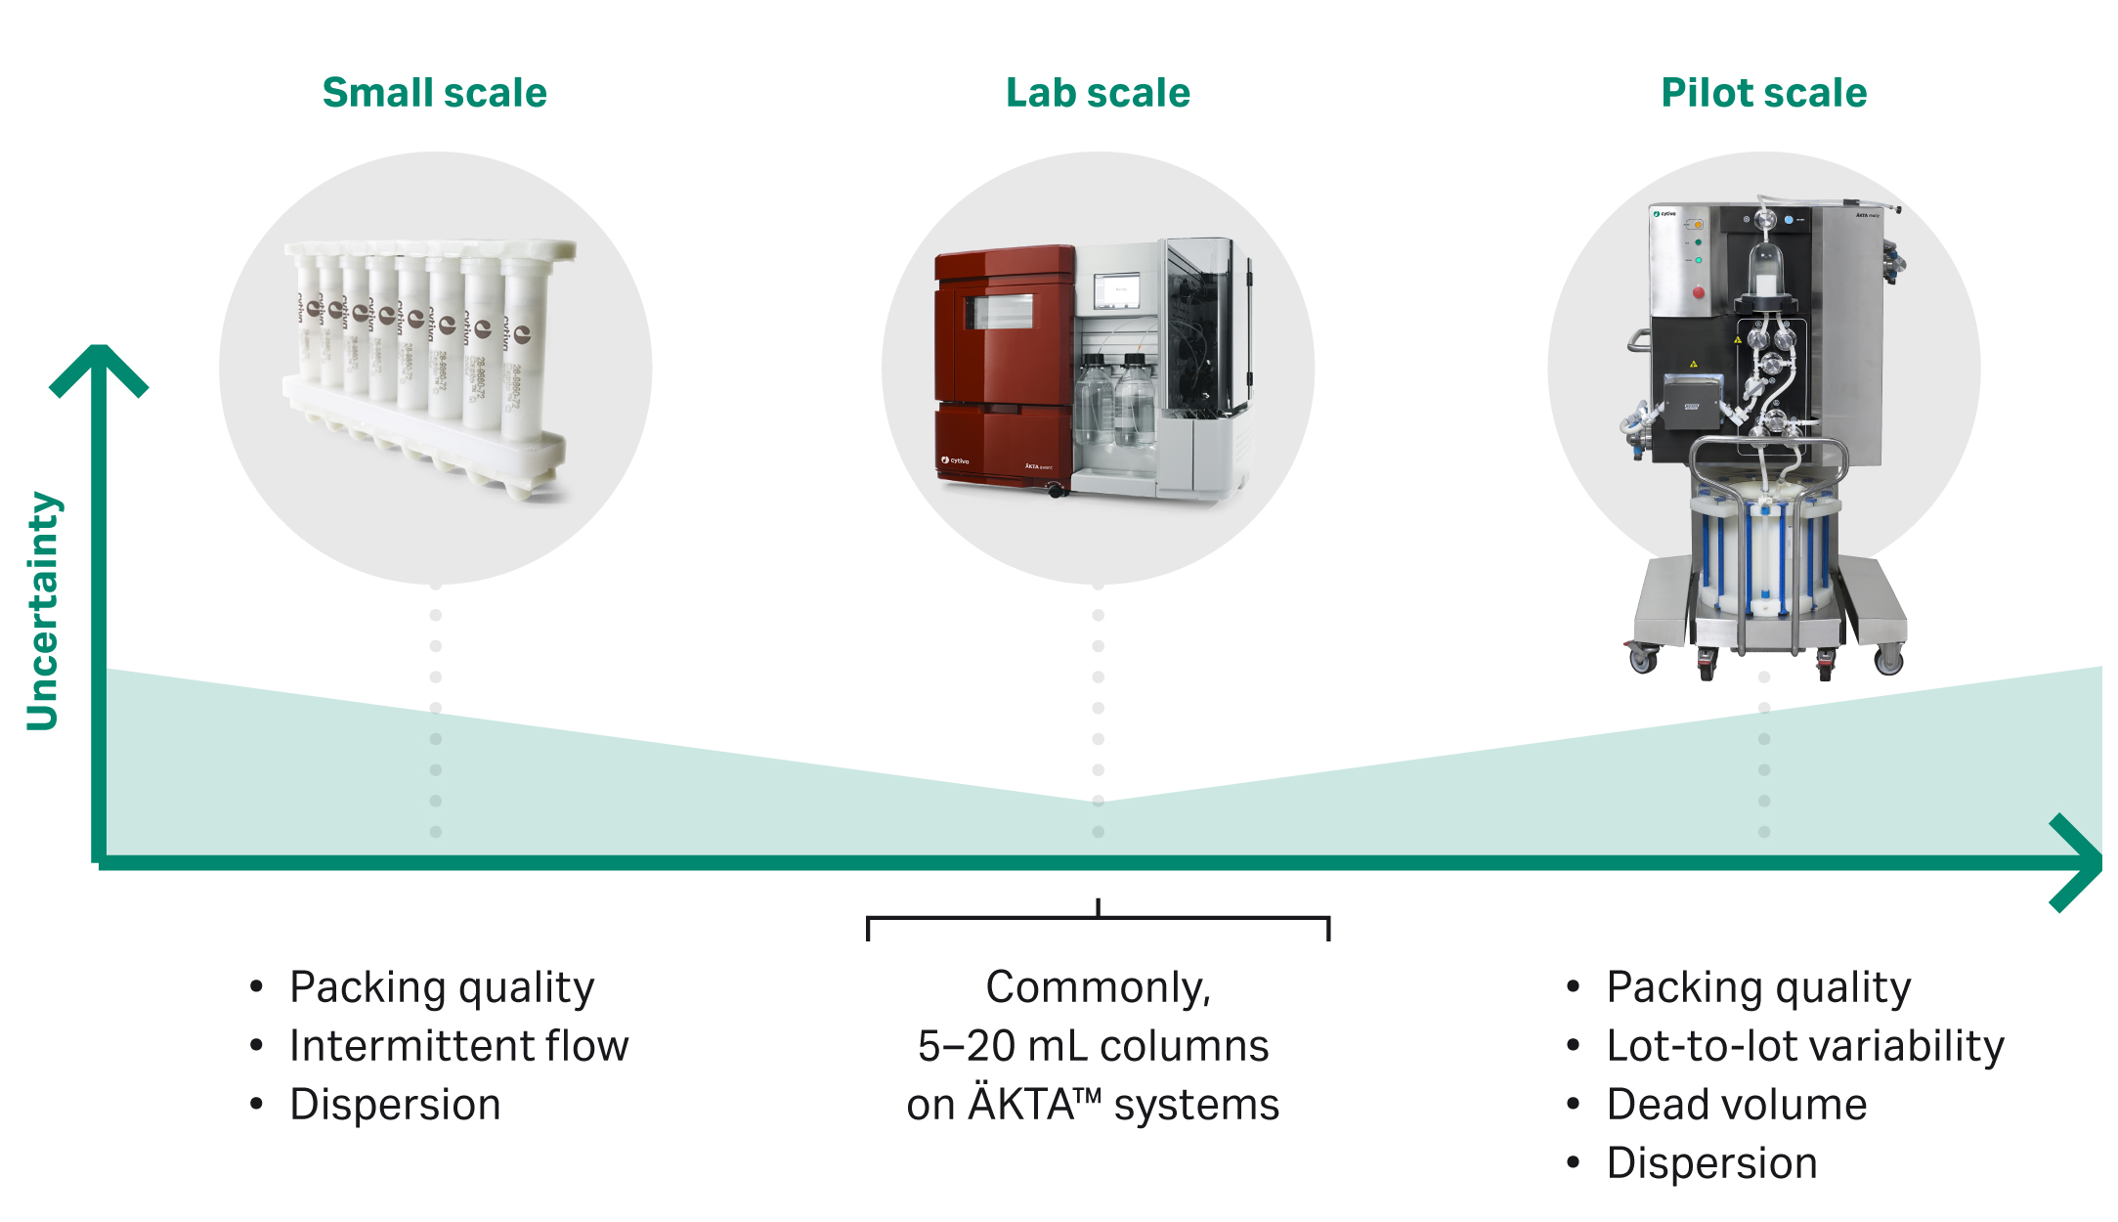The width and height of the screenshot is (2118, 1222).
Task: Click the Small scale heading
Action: tap(434, 93)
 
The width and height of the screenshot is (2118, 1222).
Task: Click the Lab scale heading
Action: tap(1098, 93)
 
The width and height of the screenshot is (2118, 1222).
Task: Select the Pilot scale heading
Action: tap(1763, 93)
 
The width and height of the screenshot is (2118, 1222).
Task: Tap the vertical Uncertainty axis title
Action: tap(43, 611)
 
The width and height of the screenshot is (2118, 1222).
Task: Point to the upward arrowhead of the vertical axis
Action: tap(99, 367)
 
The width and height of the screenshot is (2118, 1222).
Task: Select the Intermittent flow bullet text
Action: tap(458, 1046)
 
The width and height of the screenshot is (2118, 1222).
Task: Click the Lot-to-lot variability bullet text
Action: tap(1804, 1046)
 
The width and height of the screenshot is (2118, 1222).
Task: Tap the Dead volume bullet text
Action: tap(1736, 1105)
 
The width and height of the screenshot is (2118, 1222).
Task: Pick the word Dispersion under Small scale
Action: tap(395, 1105)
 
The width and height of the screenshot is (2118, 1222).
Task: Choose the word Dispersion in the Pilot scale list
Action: tap(1711, 1163)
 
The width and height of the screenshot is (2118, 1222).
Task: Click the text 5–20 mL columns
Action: tap(1093, 1046)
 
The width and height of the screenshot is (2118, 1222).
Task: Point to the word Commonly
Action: tap(1097, 987)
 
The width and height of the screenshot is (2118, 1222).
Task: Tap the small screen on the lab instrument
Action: tap(1117, 291)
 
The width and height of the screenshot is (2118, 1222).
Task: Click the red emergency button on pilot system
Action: tap(1699, 292)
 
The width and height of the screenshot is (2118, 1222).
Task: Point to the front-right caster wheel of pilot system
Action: tap(1889, 661)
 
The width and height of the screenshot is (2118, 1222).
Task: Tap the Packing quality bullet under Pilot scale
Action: tap(1757, 987)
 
